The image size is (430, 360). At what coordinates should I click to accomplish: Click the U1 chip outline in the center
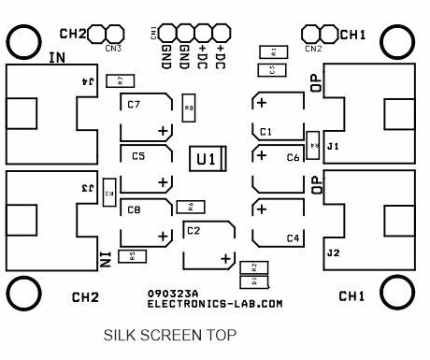coord(208,159)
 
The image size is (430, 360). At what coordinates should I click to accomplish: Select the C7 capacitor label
coord(134,105)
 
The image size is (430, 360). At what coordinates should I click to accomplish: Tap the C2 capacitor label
coord(193,230)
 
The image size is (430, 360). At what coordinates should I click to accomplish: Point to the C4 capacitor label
coord(294,238)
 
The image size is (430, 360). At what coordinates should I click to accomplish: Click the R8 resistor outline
coord(190,109)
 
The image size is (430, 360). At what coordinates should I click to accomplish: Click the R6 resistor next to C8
coord(191,206)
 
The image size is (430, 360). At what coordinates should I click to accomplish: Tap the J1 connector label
coord(333,148)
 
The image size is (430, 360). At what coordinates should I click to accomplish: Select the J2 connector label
coord(333,253)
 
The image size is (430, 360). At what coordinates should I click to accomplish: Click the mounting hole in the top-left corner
coord(22,40)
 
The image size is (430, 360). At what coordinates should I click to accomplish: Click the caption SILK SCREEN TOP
coord(169,334)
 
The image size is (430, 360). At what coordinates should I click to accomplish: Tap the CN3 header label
coord(113,48)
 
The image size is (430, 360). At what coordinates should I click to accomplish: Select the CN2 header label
coord(313,48)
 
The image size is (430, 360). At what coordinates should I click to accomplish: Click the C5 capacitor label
coord(138,157)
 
